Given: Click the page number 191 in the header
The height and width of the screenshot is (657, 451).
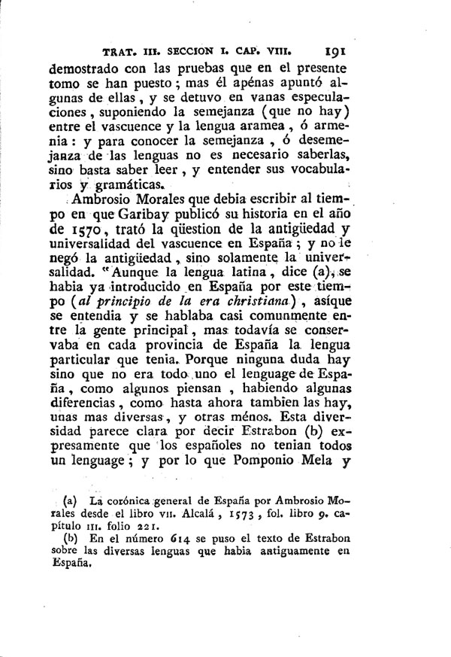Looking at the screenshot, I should (x=331, y=53).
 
